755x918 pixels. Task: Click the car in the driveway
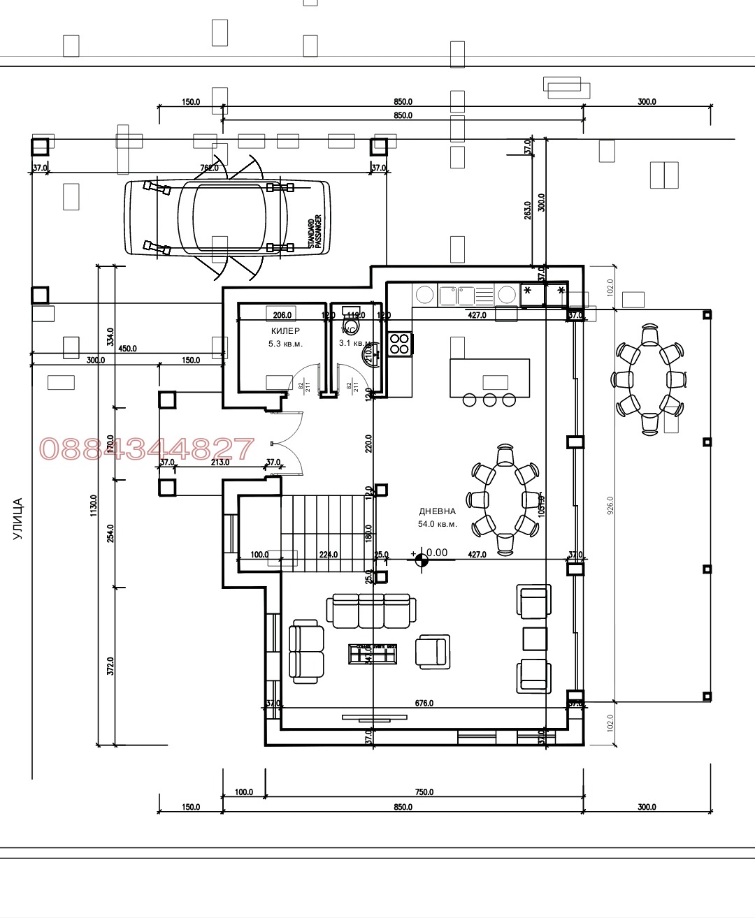pyautogui.click(x=227, y=217)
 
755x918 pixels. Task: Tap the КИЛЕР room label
pyautogui.click(x=285, y=330)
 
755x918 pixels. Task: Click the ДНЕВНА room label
pyautogui.click(x=437, y=511)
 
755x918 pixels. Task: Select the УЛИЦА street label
pyautogui.click(x=18, y=518)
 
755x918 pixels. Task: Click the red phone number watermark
pyautogui.click(x=147, y=449)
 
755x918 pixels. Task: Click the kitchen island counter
pyautogui.click(x=489, y=377)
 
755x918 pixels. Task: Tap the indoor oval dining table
pyautogui.click(x=505, y=500)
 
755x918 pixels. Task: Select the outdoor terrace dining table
pyautogui.click(x=649, y=379)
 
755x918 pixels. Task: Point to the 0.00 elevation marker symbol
pyautogui.click(x=420, y=558)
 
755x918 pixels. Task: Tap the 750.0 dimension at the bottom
pyautogui.click(x=424, y=792)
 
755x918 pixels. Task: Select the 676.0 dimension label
pyautogui.click(x=424, y=704)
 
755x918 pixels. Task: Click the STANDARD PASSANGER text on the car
pyautogui.click(x=315, y=232)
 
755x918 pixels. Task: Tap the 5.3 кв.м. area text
pyautogui.click(x=285, y=344)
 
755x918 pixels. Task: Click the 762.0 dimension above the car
pyautogui.click(x=209, y=168)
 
